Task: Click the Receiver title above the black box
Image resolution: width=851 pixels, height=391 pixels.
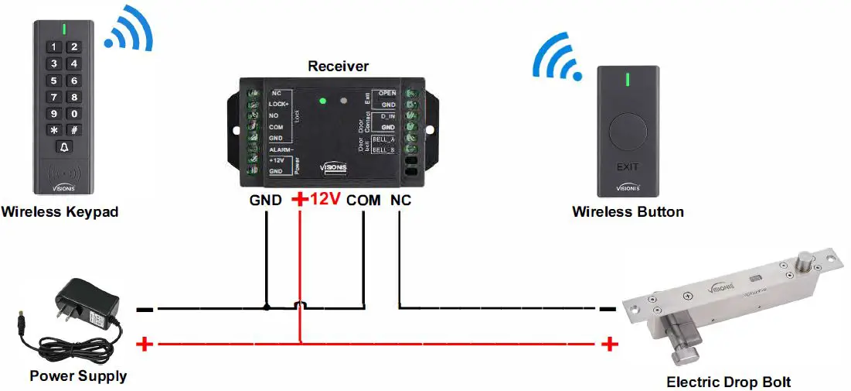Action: (338, 67)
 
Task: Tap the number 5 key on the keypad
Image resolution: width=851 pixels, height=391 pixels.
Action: (53, 81)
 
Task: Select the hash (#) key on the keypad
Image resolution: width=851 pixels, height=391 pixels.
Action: (73, 130)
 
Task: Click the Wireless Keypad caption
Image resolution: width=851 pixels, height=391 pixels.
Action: (60, 211)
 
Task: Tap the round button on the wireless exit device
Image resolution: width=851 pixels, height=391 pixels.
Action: (628, 133)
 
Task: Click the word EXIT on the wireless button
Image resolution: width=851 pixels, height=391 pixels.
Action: (628, 166)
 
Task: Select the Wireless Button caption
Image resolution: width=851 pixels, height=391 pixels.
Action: (628, 211)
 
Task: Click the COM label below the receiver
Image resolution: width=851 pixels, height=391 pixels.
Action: (363, 200)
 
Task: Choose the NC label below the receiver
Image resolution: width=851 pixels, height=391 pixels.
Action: (400, 200)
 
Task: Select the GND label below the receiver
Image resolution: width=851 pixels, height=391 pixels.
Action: (265, 200)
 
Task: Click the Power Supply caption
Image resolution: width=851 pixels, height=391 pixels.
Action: (78, 376)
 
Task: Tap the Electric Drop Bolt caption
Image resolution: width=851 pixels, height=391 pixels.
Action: (728, 382)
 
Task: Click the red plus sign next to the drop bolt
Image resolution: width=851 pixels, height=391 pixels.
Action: (611, 344)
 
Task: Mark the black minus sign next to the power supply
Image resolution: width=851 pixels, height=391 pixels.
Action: (145, 310)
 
